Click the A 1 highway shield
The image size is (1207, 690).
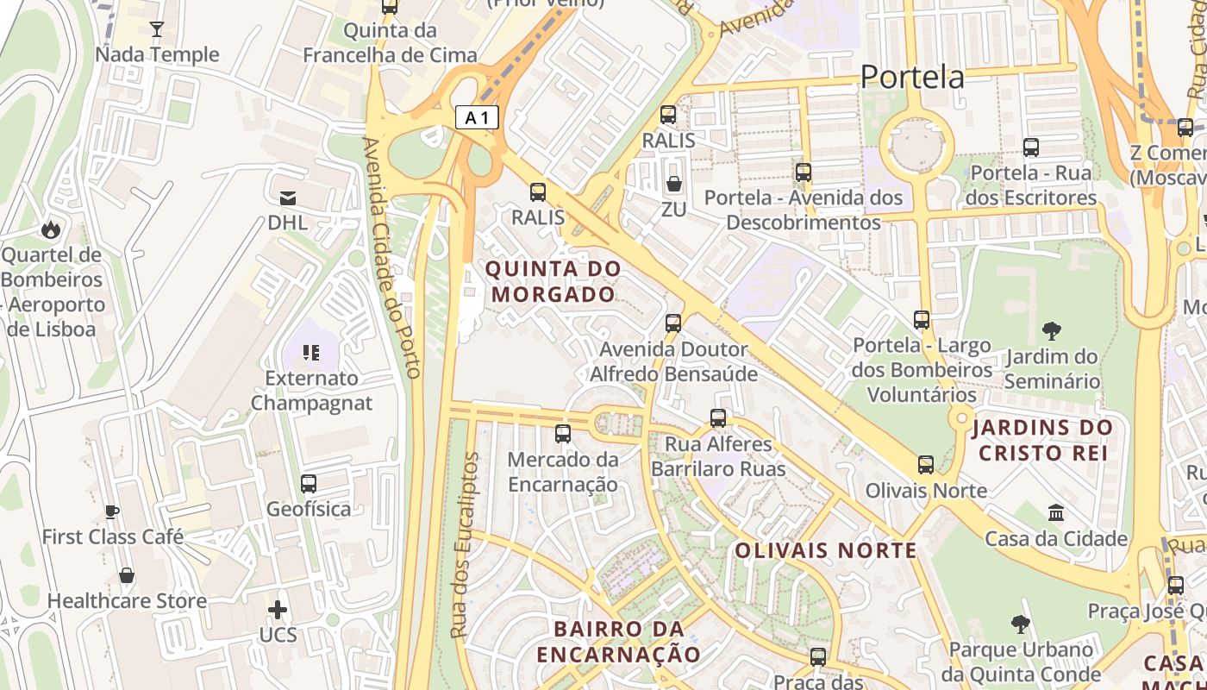[477, 117]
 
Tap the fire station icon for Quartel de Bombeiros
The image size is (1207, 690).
[51, 229]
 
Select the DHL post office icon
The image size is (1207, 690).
[287, 198]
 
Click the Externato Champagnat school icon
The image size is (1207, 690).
[311, 352]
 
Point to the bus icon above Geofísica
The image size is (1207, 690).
[309, 484]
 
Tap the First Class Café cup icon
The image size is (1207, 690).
[112, 511]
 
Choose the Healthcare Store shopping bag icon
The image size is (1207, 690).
[127, 575]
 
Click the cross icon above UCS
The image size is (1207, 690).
[278, 611]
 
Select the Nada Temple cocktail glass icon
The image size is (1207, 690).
[156, 29]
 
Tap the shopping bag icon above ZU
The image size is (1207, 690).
[674, 184]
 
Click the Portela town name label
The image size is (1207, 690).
[913, 78]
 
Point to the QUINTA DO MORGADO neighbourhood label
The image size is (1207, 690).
[553, 281]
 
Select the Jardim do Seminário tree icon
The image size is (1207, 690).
[1051, 330]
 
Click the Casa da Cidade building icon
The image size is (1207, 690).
[1056, 513]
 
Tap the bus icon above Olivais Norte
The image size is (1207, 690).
[926, 465]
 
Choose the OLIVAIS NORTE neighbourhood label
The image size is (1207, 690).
[826, 550]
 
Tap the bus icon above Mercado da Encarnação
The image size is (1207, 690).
[563, 433]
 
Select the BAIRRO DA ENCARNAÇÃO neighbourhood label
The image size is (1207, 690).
[619, 641]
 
